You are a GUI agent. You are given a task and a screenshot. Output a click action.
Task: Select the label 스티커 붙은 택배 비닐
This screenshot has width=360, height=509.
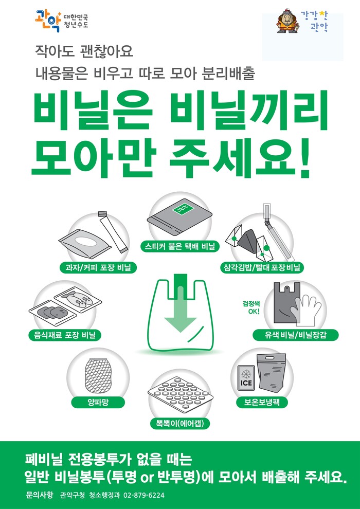[180, 247]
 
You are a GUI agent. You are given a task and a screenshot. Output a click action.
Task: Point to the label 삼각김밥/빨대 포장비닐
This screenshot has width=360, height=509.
[262, 267]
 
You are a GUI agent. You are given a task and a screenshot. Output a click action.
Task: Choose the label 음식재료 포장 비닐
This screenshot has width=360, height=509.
[63, 335]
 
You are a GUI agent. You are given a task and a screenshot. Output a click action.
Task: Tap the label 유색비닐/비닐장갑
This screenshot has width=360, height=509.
[295, 335]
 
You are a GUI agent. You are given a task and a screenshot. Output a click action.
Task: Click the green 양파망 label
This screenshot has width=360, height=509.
[98, 403]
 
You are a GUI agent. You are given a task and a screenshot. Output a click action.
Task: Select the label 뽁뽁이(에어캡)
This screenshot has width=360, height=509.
[180, 423]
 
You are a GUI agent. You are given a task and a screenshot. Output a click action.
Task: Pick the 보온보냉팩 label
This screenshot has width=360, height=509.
[262, 403]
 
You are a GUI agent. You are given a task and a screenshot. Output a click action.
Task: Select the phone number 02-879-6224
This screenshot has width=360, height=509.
[144, 495]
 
